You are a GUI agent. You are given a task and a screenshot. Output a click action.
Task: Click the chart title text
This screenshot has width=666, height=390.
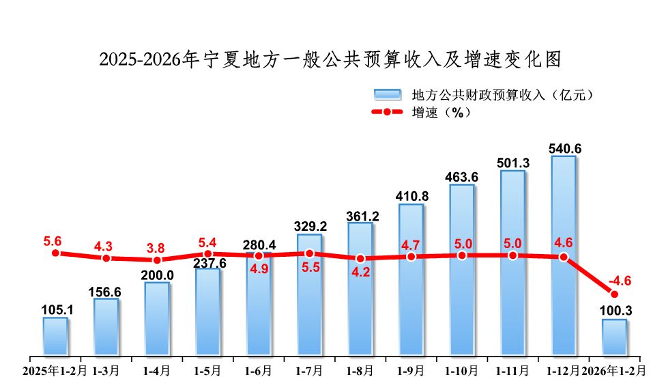pos(330,59)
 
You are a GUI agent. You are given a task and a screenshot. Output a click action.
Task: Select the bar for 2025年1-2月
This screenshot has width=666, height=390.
pos(55,336)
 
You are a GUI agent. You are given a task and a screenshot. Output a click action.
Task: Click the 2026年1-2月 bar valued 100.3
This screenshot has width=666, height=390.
pos(614,337)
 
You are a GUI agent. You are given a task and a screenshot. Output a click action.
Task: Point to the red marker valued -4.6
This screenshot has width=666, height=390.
pos(614,294)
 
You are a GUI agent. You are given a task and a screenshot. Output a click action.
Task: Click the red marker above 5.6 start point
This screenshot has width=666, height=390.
pos(55,253)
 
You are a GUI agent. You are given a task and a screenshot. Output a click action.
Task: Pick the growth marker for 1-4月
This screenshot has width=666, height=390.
pos(157,260)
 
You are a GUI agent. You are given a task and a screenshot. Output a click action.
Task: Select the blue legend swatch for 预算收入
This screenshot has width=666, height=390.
pos(386,94)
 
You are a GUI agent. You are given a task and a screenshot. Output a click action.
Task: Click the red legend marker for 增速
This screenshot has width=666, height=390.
pos(386,112)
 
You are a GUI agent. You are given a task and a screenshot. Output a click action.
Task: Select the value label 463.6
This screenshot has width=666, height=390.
pos(461,177)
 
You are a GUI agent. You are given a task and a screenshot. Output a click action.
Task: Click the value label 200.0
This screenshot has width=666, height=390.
pos(157,275)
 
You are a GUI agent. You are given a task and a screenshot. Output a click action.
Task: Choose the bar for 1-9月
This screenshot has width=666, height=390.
pos(411,280)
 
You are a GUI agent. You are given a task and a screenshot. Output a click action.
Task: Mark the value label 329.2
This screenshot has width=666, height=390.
pos(309,226)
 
